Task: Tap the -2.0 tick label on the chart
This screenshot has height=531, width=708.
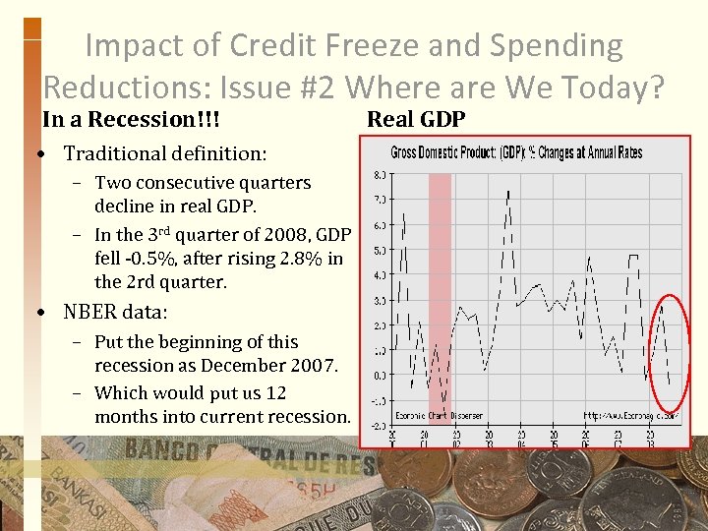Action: [378, 426]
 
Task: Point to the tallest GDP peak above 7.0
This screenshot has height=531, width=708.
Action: [507, 191]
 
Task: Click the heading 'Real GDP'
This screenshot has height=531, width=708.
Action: [416, 120]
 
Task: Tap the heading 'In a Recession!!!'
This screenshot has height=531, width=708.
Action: [130, 120]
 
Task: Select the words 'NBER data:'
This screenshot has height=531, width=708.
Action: [115, 313]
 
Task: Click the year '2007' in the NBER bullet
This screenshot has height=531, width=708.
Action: [312, 366]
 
